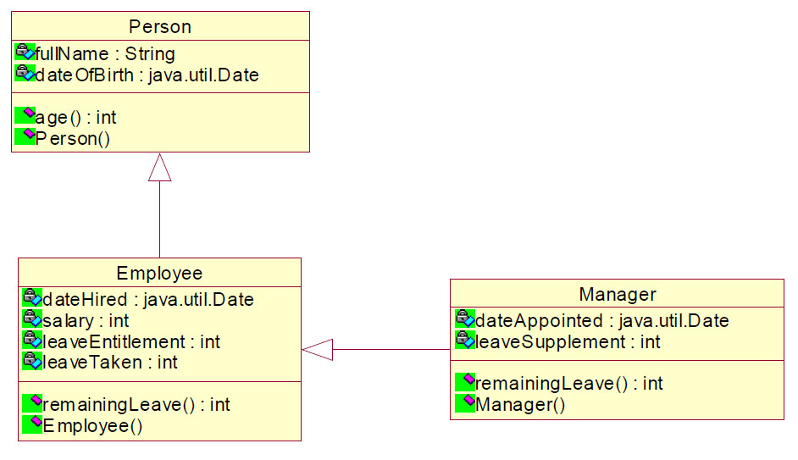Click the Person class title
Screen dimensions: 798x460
point(160,26)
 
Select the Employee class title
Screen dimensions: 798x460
point(159,274)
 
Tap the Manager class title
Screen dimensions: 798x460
point(618,294)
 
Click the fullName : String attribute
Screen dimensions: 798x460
point(105,53)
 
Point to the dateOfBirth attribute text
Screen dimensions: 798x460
point(147,75)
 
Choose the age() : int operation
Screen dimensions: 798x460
point(75,118)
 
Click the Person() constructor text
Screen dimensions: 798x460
point(72,138)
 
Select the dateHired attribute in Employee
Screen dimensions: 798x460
point(147,299)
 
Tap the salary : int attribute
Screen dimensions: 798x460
point(86,320)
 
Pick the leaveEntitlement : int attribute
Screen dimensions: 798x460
point(131,341)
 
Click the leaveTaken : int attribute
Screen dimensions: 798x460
point(110,363)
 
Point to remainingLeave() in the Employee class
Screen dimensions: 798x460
point(136,405)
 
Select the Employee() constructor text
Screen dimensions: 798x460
point(92,425)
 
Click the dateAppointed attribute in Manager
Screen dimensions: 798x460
point(601,320)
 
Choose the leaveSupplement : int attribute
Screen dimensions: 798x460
point(568,341)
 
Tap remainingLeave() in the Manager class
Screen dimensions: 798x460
point(568,383)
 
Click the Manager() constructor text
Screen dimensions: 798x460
point(519,405)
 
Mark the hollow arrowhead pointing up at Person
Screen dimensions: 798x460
point(160,168)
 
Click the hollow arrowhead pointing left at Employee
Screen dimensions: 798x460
point(317,350)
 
